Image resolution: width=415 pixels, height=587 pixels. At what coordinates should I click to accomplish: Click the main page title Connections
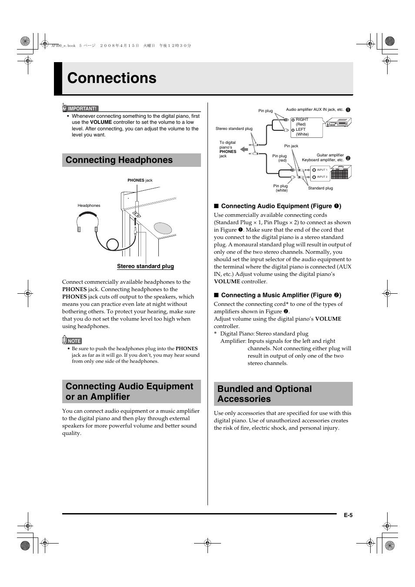coord(112,78)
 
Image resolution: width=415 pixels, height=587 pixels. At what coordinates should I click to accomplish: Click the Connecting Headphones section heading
coord(119,160)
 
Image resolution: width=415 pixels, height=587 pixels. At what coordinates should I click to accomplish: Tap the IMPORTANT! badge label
coord(82,109)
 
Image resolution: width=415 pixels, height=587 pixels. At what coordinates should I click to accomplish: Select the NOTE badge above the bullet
coord(74,341)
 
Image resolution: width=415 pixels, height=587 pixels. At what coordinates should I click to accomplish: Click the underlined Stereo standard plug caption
coord(145,266)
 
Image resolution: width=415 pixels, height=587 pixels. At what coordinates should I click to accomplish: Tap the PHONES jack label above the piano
coord(140,180)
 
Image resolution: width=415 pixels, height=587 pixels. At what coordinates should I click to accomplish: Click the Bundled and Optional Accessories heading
coord(264,394)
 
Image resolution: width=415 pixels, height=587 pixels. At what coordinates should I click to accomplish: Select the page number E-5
coord(348,515)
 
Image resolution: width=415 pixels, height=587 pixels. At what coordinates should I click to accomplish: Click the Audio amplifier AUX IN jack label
coord(315,109)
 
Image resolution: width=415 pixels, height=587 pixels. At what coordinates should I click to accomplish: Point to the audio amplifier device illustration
coord(338,124)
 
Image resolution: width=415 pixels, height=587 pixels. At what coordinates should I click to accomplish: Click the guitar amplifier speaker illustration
coord(341,173)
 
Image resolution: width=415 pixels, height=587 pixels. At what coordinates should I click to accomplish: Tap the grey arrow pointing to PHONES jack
coord(244,149)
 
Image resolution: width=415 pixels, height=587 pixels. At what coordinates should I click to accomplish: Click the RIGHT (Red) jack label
coord(302,122)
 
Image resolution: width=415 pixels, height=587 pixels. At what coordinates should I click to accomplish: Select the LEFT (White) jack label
coord(302,132)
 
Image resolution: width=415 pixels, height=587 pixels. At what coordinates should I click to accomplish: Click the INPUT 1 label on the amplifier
coord(322,170)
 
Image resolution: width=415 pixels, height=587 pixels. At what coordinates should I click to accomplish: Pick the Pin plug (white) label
coord(281,188)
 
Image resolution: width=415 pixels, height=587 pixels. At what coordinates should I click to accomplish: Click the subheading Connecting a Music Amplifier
coord(277,295)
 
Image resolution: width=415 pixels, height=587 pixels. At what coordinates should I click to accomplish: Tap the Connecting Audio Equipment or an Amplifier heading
coord(130,391)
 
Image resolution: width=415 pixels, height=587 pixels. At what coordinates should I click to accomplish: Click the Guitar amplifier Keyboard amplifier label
coord(323,157)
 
